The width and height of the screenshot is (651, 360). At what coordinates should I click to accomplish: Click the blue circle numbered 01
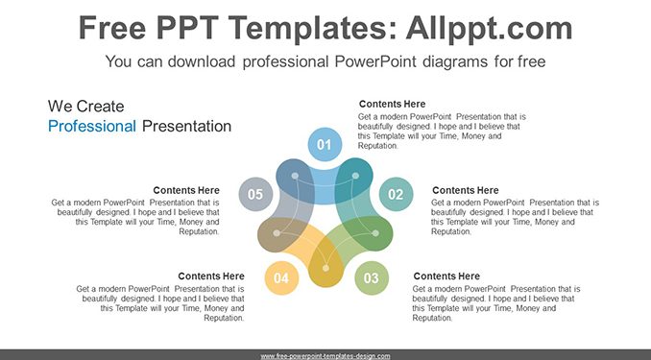(x=325, y=145)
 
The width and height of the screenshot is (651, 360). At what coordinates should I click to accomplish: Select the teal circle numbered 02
(x=397, y=194)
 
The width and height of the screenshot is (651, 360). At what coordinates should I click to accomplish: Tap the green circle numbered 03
(x=372, y=277)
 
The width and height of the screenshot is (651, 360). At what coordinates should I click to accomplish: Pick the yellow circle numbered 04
(x=281, y=277)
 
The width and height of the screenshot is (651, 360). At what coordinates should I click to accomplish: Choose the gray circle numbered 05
(x=255, y=194)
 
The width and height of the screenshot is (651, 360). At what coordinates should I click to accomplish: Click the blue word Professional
(x=92, y=126)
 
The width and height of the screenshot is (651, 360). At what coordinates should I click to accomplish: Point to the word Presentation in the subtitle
(x=186, y=126)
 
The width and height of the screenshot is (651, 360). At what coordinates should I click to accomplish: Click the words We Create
(x=86, y=107)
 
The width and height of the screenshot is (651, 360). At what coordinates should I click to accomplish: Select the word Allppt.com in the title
(x=489, y=29)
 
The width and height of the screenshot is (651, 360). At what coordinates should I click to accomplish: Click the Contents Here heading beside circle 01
(x=392, y=104)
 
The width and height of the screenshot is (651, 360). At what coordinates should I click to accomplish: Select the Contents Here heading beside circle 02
(x=465, y=190)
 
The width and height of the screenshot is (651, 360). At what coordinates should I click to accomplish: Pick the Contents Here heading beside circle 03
(x=446, y=276)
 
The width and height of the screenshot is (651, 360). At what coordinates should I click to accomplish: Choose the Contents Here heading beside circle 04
(x=211, y=276)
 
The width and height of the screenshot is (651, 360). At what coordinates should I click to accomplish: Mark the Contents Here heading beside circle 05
(x=186, y=190)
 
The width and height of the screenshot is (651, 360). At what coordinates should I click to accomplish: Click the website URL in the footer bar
(x=325, y=356)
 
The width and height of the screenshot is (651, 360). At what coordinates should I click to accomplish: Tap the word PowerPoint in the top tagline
(x=375, y=61)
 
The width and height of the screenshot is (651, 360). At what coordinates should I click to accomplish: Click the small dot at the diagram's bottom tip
(x=325, y=268)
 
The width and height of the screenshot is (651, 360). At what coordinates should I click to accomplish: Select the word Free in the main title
(x=112, y=28)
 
